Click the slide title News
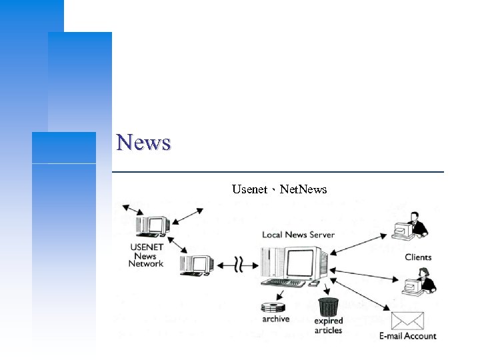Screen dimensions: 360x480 point(143,142)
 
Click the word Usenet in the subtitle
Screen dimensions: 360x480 point(249,189)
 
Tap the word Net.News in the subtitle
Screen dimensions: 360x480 point(304,189)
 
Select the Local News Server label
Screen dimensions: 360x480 point(298,234)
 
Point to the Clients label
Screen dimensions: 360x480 point(418,257)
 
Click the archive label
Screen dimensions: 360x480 point(275,319)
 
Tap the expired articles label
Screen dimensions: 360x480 point(328,325)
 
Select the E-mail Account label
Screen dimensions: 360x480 point(407,335)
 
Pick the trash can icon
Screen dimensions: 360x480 point(328,307)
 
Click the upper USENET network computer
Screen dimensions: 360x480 point(153,225)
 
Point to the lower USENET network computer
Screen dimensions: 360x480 point(197,265)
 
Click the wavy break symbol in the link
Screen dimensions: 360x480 point(236,265)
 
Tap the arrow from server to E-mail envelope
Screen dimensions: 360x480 point(360,291)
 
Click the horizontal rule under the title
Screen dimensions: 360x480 point(277,172)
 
